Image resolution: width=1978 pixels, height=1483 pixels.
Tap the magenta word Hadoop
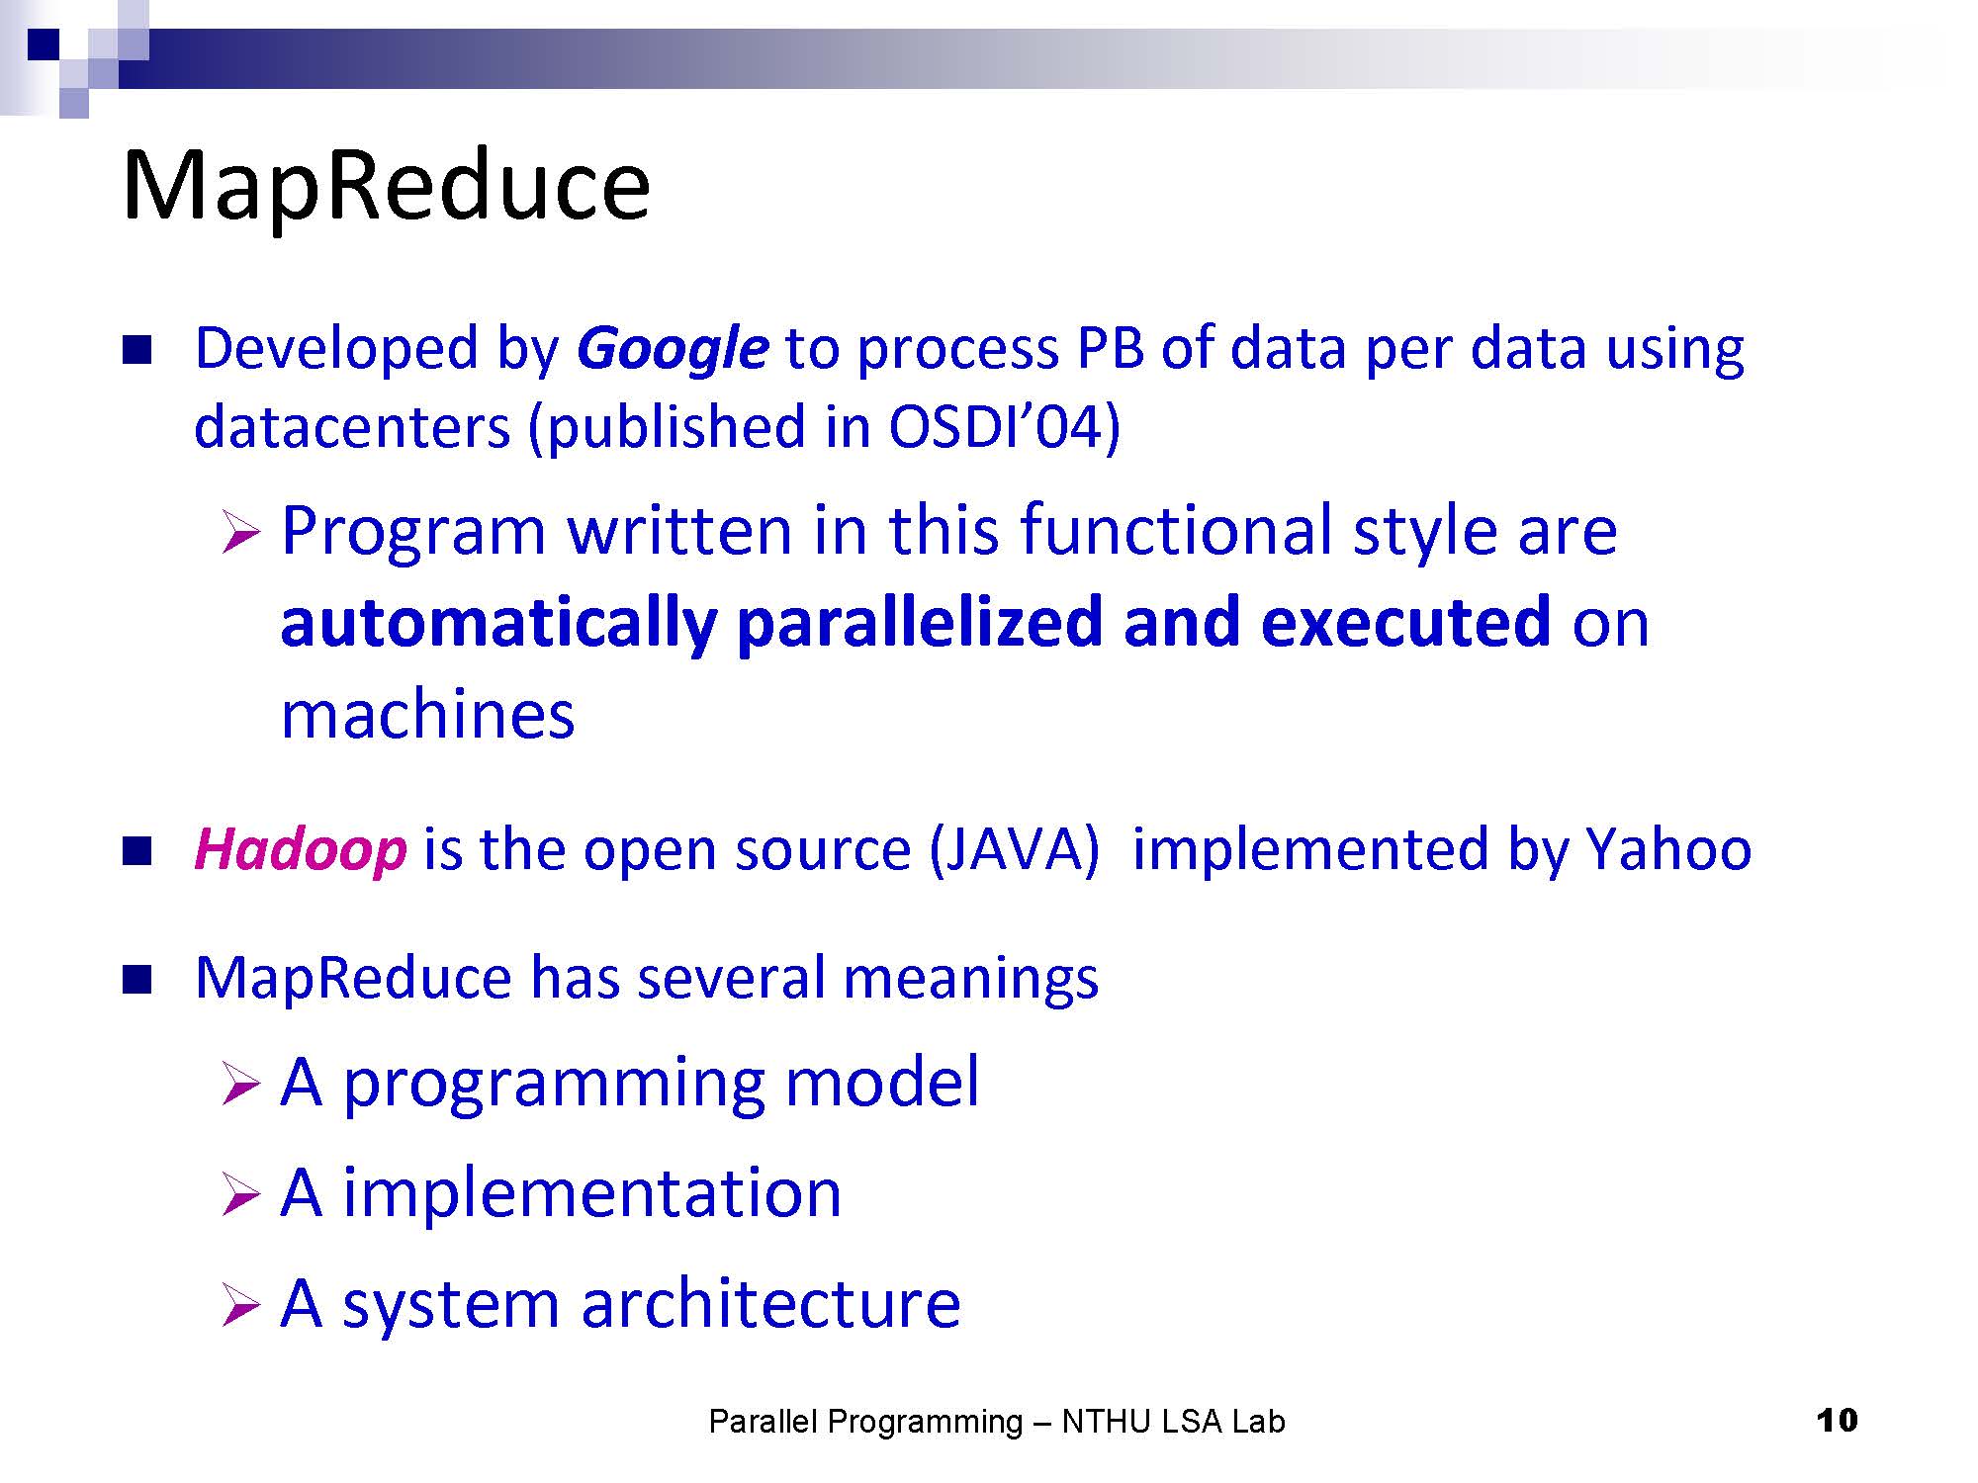pos(301,849)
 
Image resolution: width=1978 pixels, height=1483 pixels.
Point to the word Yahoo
pos(1669,849)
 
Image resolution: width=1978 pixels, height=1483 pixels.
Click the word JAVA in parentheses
pos(1015,849)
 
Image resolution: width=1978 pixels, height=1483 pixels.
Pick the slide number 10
pos(1838,1421)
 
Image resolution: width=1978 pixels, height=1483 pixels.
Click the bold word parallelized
pos(920,622)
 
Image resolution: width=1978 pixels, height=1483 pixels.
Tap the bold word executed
pos(1406,622)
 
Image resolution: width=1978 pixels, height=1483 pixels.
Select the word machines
pos(427,714)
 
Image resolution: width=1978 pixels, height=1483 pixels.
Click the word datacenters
pos(352,427)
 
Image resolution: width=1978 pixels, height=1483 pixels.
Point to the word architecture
pos(770,1302)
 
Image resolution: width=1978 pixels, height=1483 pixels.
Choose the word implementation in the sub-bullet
pos(592,1191)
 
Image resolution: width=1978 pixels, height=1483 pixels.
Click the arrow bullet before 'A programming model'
pos(240,1085)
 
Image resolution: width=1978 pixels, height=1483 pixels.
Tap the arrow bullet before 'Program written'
pos(240,533)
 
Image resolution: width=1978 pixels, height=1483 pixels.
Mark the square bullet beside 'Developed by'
pos(136,350)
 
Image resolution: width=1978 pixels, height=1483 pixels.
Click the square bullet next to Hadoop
pos(136,850)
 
